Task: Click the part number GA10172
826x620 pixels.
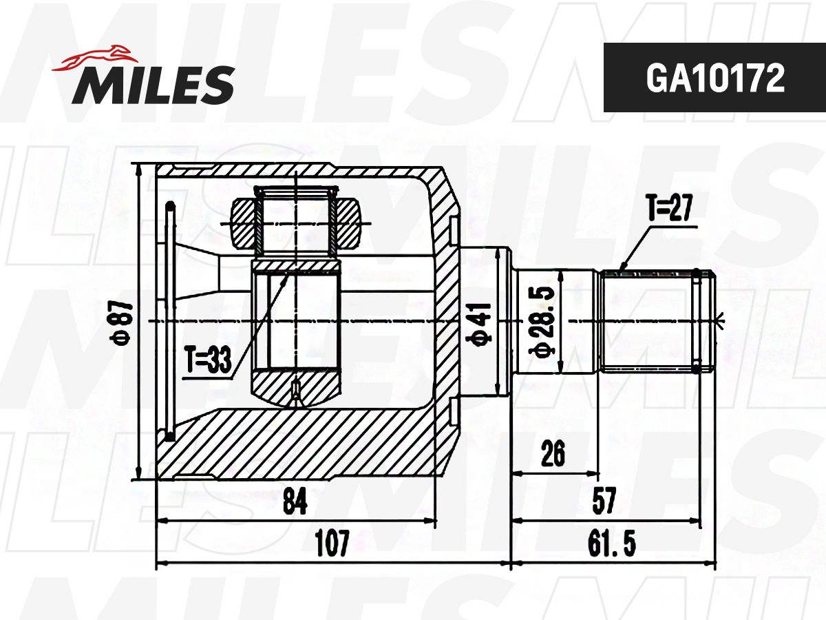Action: [715, 79]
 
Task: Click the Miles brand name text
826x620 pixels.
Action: [153, 85]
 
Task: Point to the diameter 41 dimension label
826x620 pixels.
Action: [478, 323]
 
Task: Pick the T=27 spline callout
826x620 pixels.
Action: [670, 208]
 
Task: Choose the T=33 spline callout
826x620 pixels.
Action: [208, 360]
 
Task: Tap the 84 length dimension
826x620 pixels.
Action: [295, 502]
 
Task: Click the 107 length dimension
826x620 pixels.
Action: [332, 543]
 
